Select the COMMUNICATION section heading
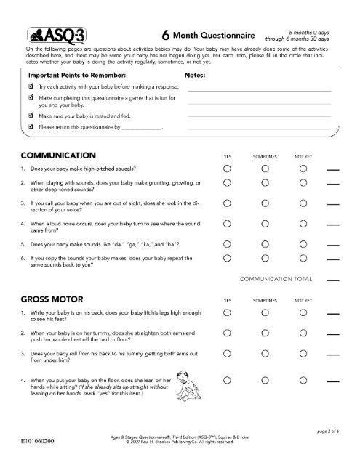point(60,155)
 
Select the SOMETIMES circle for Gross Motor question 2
point(265,335)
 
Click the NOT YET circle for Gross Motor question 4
point(303,379)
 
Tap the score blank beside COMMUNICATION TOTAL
point(334,280)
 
